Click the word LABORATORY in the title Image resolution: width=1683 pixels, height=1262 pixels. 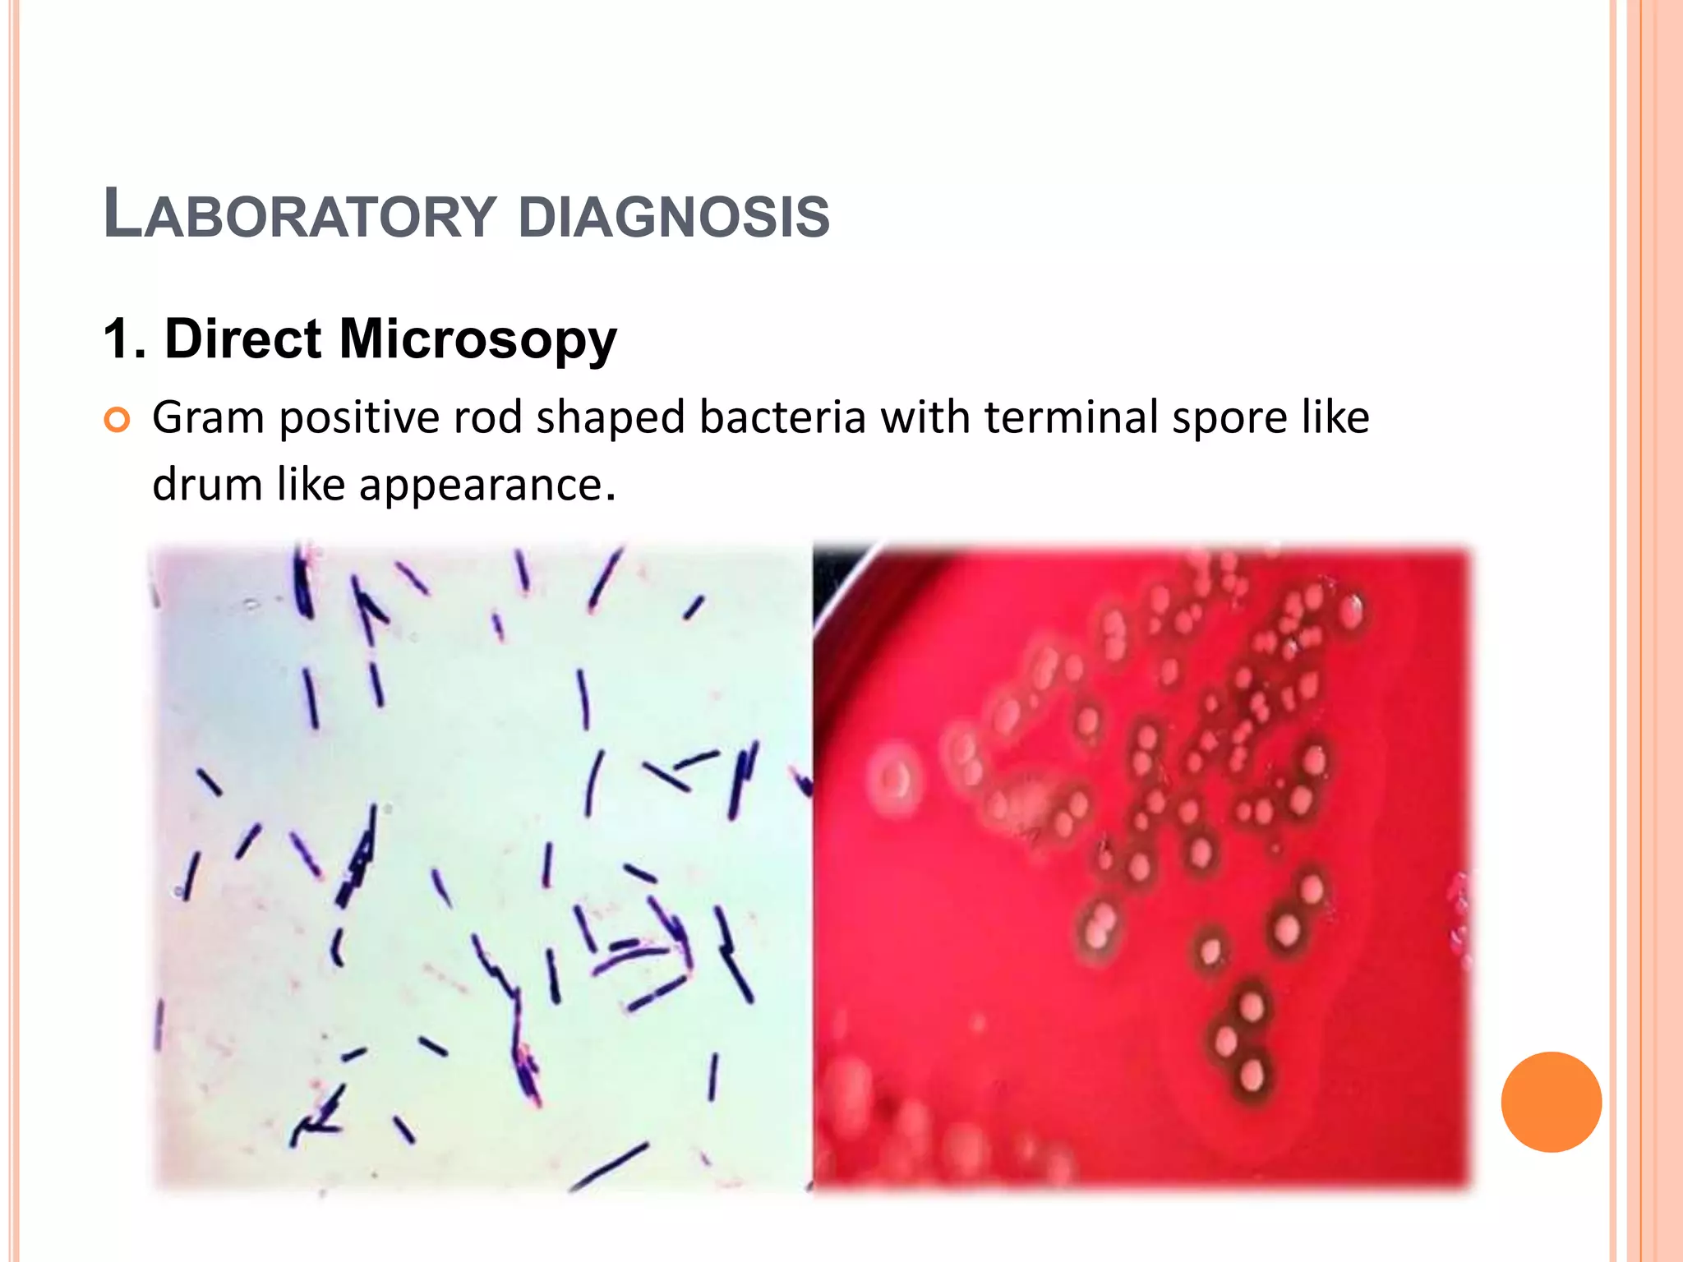(300, 215)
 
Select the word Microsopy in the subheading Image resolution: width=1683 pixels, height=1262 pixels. (477, 339)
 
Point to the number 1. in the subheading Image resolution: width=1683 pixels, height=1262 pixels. (124, 339)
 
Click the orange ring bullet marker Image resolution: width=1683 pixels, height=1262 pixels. (118, 421)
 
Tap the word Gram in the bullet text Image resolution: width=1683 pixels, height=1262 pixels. (208, 417)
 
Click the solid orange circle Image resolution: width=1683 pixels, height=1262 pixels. (1551, 1102)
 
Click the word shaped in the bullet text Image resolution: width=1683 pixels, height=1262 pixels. (610, 419)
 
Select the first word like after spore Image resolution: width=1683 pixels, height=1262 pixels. (1335, 417)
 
